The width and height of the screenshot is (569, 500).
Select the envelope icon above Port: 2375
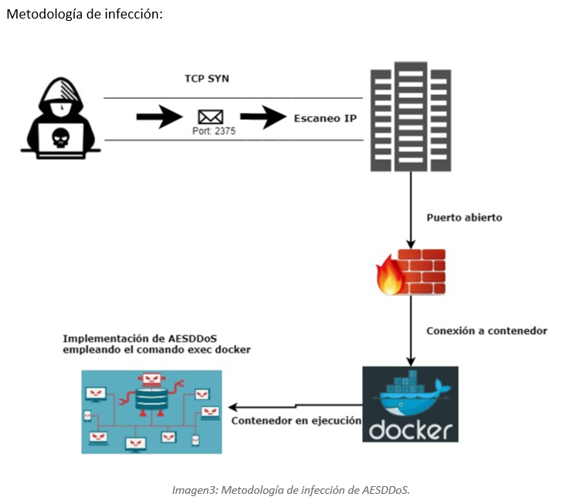pyautogui.click(x=210, y=117)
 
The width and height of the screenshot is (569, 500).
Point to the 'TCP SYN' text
pyautogui.click(x=206, y=79)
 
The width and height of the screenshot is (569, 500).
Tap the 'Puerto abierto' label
pyautogui.click(x=464, y=217)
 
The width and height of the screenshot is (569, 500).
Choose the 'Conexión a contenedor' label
pyautogui.click(x=486, y=330)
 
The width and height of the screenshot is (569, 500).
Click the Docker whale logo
pyautogui.click(x=410, y=393)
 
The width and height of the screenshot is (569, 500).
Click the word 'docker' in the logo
pyautogui.click(x=409, y=427)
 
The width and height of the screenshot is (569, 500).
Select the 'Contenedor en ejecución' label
pyautogui.click(x=296, y=421)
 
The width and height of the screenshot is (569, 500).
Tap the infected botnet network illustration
pyautogui.click(x=151, y=411)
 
